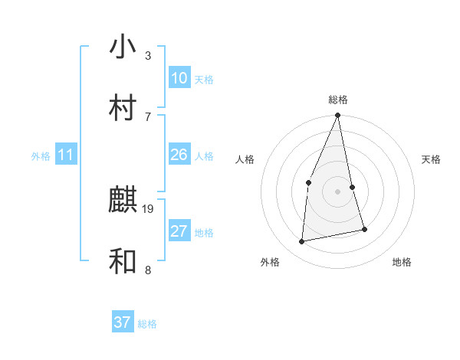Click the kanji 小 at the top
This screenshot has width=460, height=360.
pyautogui.click(x=123, y=47)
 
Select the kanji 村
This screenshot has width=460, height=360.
pyautogui.click(x=123, y=108)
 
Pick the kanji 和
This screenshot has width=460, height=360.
pyautogui.click(x=123, y=261)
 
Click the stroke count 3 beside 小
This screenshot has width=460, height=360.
pyautogui.click(x=147, y=55)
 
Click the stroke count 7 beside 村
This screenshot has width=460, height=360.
pyautogui.click(x=147, y=116)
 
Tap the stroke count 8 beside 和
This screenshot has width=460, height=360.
pyautogui.click(x=147, y=269)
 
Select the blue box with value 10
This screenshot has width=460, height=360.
pyautogui.click(x=179, y=78)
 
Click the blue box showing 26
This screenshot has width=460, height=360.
pyautogui.click(x=179, y=155)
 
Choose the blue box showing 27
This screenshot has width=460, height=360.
pyautogui.click(x=179, y=231)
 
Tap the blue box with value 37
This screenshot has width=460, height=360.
pyautogui.click(x=123, y=322)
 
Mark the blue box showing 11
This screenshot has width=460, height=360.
pyautogui.click(x=66, y=155)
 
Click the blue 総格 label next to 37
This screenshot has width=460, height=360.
pyautogui.click(x=147, y=324)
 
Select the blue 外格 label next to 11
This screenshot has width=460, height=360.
pyautogui.click(x=41, y=156)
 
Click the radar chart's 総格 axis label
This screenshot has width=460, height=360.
pyautogui.click(x=338, y=100)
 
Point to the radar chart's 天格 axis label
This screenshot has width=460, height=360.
pyautogui.click(x=432, y=159)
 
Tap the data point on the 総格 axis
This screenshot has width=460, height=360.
pyautogui.click(x=338, y=116)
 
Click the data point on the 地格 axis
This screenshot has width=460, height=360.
pyautogui.click(x=364, y=229)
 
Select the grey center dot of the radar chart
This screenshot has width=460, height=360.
pyautogui.click(x=338, y=191)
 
